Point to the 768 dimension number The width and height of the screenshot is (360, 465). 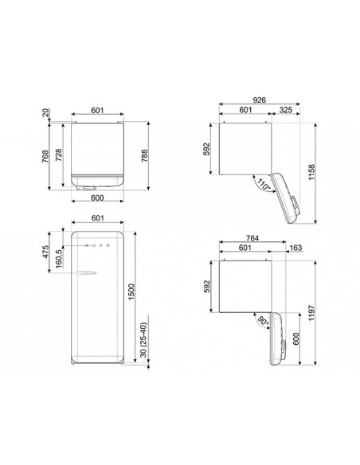46,155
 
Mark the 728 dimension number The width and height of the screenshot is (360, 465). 57,155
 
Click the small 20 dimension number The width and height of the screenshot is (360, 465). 46,113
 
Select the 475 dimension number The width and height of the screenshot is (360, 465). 46,252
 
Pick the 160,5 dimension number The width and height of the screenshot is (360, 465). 57,258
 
